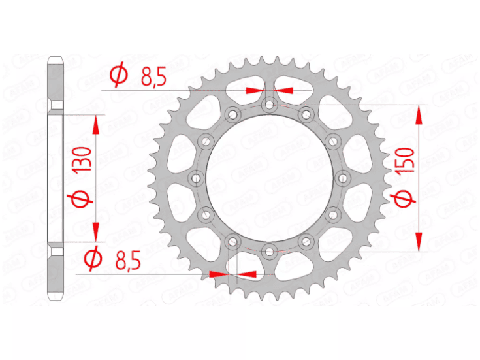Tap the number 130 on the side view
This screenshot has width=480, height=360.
(x=84, y=159)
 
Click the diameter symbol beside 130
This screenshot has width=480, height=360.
(x=84, y=198)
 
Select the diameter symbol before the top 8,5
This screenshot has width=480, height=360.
(x=119, y=76)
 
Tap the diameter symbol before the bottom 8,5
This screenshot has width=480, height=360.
(x=93, y=259)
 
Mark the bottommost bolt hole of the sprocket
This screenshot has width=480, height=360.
(x=269, y=250)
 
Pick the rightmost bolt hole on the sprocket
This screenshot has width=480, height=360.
(x=342, y=178)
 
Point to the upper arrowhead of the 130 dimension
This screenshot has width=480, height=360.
(x=97, y=124)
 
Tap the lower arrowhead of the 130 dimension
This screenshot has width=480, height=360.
(x=97, y=231)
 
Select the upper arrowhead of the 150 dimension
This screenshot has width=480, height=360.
(x=419, y=113)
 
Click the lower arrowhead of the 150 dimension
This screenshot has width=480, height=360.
(x=419, y=242)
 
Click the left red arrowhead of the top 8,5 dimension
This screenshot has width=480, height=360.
(x=254, y=90)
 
